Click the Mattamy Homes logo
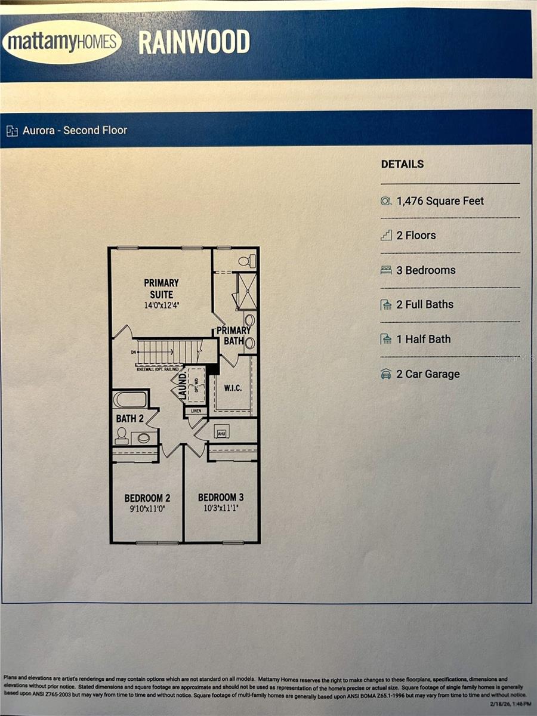61,42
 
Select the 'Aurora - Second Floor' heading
75,130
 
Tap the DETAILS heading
402,164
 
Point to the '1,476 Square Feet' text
440,201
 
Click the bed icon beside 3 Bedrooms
386,270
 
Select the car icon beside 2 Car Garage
386,374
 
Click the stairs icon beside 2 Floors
386,235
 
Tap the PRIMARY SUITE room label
161,288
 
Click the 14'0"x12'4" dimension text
161,305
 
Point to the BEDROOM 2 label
147,498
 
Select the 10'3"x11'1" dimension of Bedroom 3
221,509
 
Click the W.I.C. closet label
233,388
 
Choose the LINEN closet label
196,411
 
